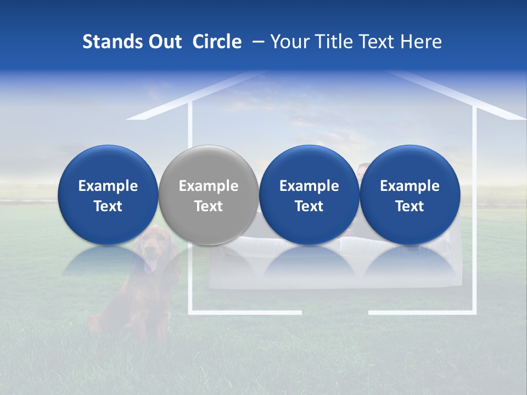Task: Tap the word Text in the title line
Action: point(377,42)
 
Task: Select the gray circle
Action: point(208,195)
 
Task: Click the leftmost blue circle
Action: point(108,195)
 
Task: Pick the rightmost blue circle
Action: point(410,195)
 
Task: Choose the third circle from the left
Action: point(309,195)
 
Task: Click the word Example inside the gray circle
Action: point(208,186)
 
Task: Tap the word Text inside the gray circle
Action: point(208,206)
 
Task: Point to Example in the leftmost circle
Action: point(108,186)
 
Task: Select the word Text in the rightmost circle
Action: point(410,206)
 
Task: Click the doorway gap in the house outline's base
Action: point(335,313)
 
